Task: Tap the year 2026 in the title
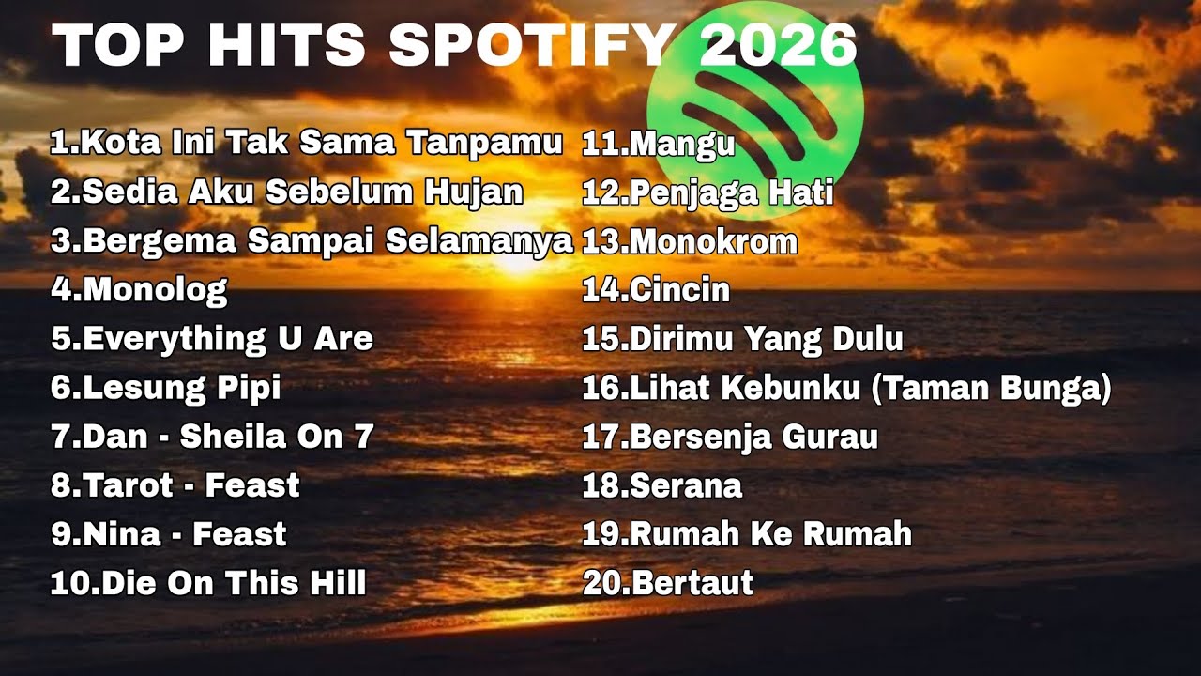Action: pos(778,45)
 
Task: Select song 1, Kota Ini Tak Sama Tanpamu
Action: pos(306,143)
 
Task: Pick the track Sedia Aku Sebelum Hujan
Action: pos(286,192)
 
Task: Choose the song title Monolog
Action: pos(139,289)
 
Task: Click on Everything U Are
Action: pos(212,338)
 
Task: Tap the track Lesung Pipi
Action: pos(166,387)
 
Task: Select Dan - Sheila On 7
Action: pos(212,436)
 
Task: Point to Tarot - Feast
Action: pos(175,485)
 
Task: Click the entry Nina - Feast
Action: pos(168,534)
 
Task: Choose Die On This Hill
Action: pos(207,583)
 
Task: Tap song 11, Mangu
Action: pos(658,144)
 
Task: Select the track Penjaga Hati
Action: pos(707,192)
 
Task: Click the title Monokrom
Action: pos(690,241)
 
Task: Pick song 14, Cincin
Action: pos(656,290)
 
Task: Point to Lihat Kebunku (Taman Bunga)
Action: pos(846,388)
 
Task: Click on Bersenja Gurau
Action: pos(730,437)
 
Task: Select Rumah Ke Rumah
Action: pos(747,534)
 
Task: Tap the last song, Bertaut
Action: pos(667,583)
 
